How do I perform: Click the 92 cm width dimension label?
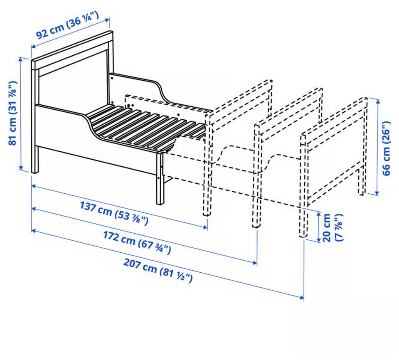67,25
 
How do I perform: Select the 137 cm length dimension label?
114,213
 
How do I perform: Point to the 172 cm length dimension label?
137,243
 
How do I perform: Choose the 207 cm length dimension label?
158,270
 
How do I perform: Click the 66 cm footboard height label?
386,148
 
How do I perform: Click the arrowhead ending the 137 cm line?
205,227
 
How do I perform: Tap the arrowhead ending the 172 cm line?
255,262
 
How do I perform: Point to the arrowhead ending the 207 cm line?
302,297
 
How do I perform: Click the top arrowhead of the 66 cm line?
378,101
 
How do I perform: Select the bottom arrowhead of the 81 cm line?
21,168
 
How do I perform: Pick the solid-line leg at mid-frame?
160,178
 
